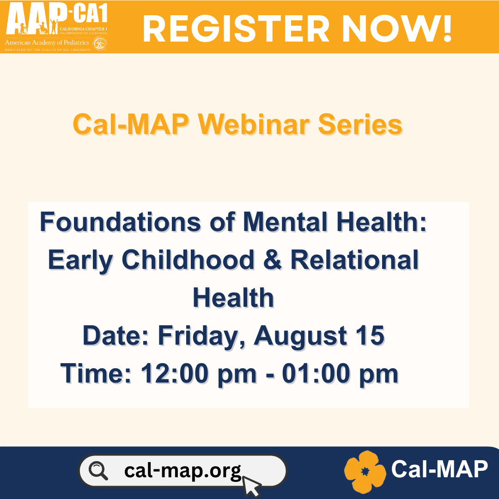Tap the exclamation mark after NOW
coord(447,28)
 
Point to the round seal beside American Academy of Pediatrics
coord(100,43)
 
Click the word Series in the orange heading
coord(360,124)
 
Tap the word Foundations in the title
coord(120,222)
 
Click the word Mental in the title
coord(285,222)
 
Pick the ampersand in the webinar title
coord(273,260)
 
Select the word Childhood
coord(188,260)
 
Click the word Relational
coord(354,260)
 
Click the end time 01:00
coord(316,373)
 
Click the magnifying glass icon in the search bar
coord(98,471)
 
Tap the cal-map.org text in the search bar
coord(183,471)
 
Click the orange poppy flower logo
coord(365,472)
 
